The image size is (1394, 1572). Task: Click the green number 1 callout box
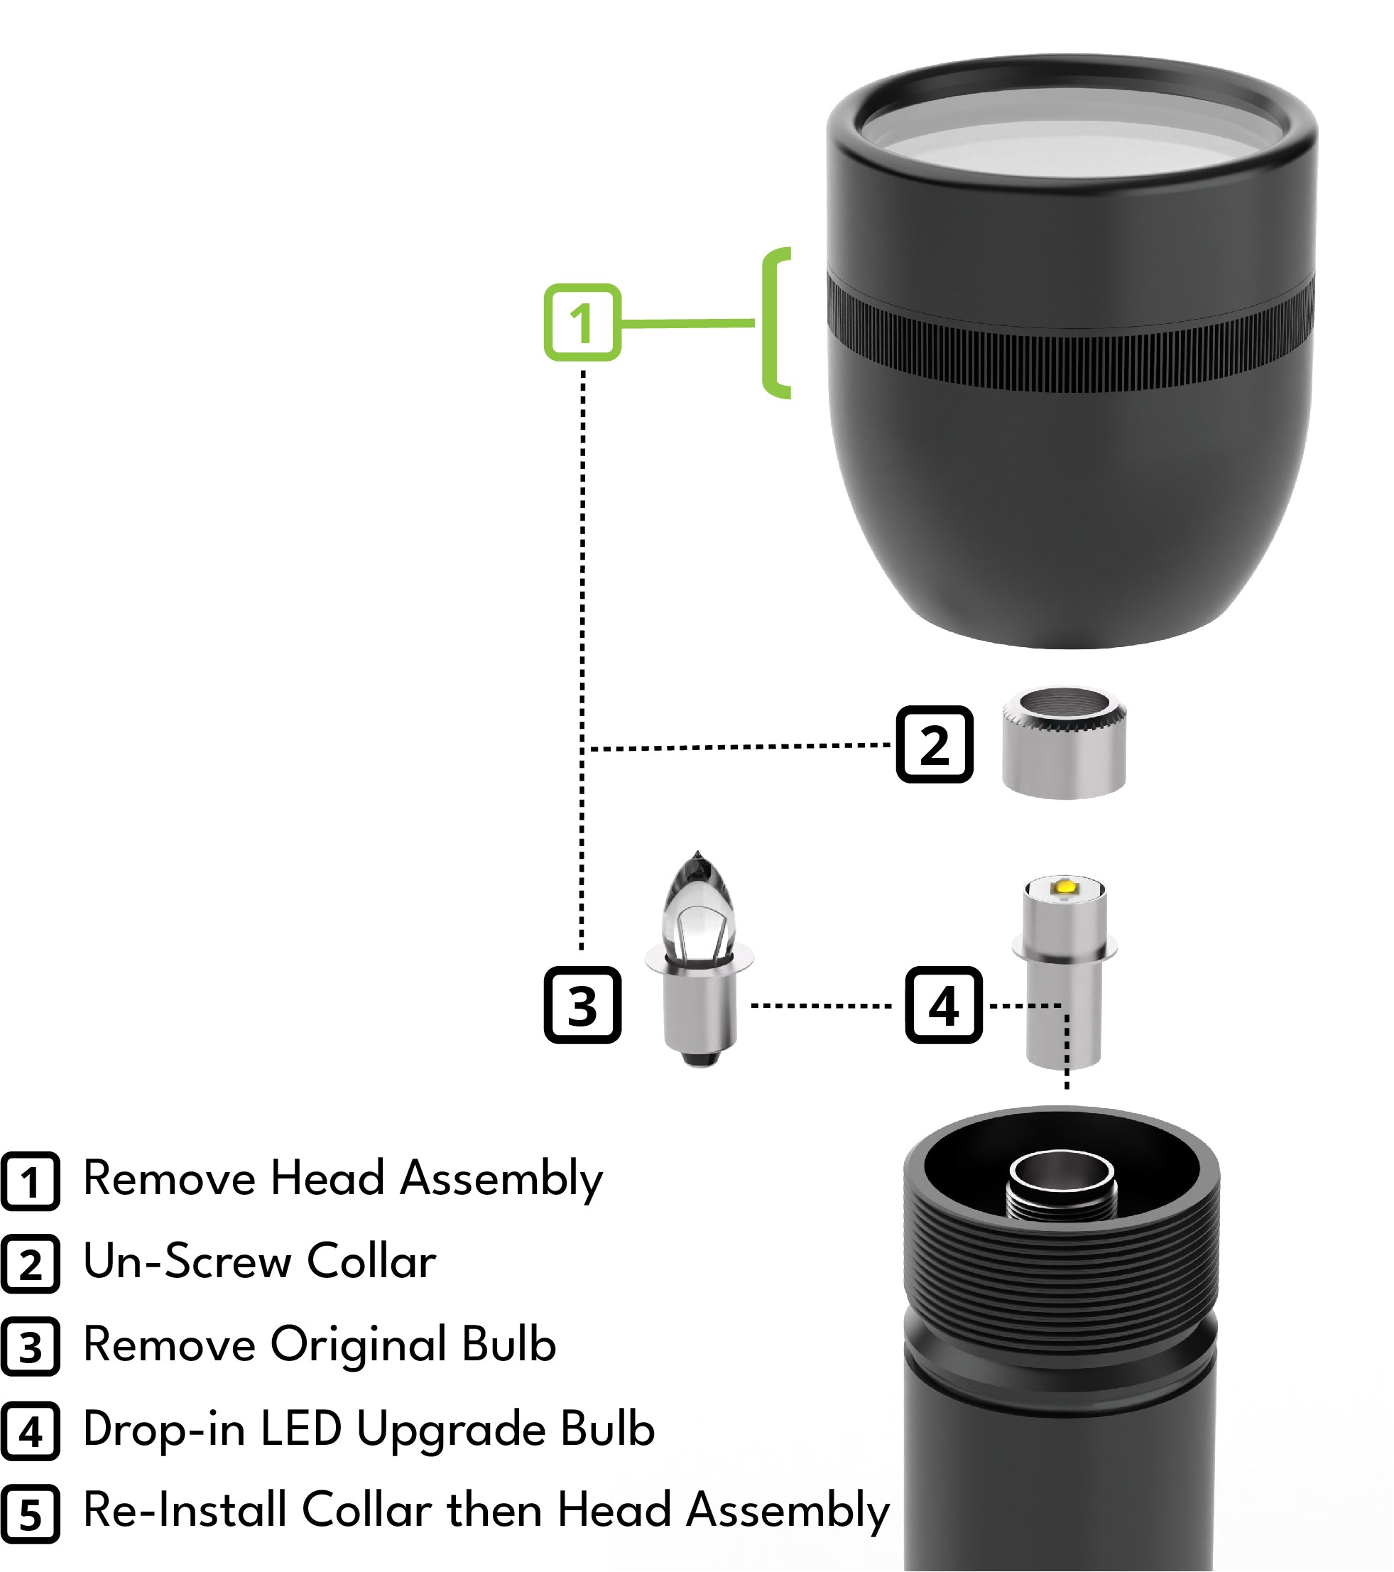coord(582,322)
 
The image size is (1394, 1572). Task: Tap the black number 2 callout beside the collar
coord(935,744)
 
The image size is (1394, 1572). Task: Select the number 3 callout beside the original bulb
coord(582,1005)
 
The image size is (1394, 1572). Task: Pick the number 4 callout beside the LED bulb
coord(944,1005)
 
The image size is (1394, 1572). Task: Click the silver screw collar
coord(1063,743)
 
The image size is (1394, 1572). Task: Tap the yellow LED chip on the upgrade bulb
coord(1066,887)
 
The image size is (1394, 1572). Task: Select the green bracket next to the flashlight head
coord(772,323)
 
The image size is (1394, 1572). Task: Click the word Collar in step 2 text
coord(371,1262)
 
